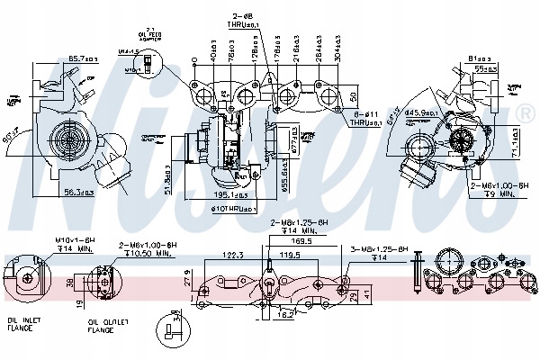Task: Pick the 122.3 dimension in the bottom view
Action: click(x=232, y=254)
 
